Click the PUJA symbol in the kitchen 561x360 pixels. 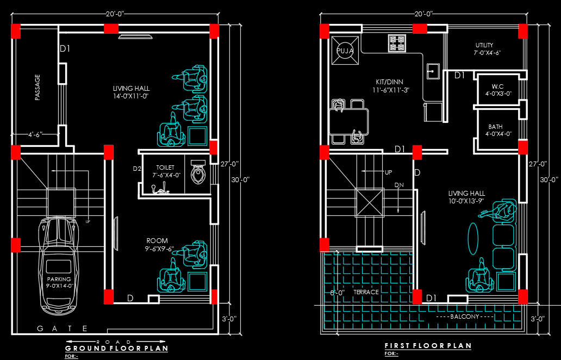[x=345, y=51]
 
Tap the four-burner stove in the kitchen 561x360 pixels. [x=397, y=44]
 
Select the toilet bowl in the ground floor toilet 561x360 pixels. [x=198, y=172]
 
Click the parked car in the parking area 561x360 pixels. [x=59, y=265]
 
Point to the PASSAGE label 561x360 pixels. [x=37, y=88]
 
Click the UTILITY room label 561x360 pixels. [x=484, y=45]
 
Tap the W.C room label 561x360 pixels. [x=497, y=86]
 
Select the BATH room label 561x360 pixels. [x=496, y=127]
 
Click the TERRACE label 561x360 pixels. [x=366, y=292]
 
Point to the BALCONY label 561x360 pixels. [x=465, y=316]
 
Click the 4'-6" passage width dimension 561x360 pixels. [x=35, y=134]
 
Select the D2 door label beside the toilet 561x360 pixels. [x=137, y=169]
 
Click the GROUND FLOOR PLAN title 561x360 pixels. [x=117, y=348]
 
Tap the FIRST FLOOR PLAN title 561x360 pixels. [x=428, y=346]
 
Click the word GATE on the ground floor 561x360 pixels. [x=63, y=328]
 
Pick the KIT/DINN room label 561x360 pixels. [x=390, y=82]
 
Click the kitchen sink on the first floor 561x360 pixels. [x=433, y=71]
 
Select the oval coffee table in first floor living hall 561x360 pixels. [x=473, y=239]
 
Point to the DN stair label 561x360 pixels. [x=399, y=185]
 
